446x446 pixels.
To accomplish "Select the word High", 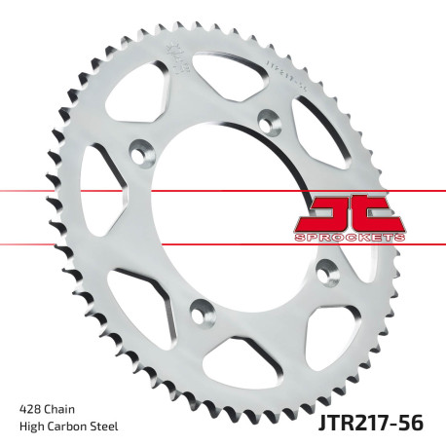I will tap(32, 426).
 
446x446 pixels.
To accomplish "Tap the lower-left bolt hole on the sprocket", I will tap(202, 310).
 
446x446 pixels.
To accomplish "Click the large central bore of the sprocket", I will tap(219, 214).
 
